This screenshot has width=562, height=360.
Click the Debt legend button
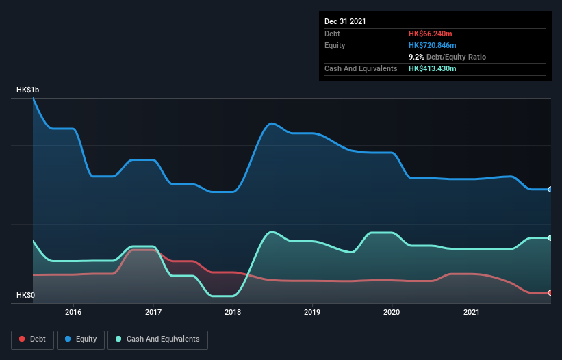point(32,339)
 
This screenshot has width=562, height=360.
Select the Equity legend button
point(81,339)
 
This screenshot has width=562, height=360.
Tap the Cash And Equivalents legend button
point(157,339)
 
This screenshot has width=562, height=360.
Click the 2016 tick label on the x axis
point(73,312)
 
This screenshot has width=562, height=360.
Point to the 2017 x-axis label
point(153,312)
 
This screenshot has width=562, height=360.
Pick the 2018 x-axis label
point(233,312)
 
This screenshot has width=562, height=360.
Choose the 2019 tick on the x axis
point(312,312)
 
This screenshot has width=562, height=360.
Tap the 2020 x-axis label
point(392,312)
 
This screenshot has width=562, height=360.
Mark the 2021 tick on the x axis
point(472,312)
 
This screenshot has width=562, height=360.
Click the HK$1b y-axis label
point(28,90)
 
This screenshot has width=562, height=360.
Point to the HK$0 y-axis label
point(26,296)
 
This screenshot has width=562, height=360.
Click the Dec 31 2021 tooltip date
point(345,21)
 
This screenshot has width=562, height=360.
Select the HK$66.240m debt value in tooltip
point(432,34)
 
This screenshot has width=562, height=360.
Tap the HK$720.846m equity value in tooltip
point(434,45)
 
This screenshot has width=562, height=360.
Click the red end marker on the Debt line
point(550,293)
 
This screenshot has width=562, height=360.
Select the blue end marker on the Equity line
point(550,190)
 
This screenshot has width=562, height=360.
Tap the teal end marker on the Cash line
point(550,238)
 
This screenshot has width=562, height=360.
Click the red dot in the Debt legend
point(22,339)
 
